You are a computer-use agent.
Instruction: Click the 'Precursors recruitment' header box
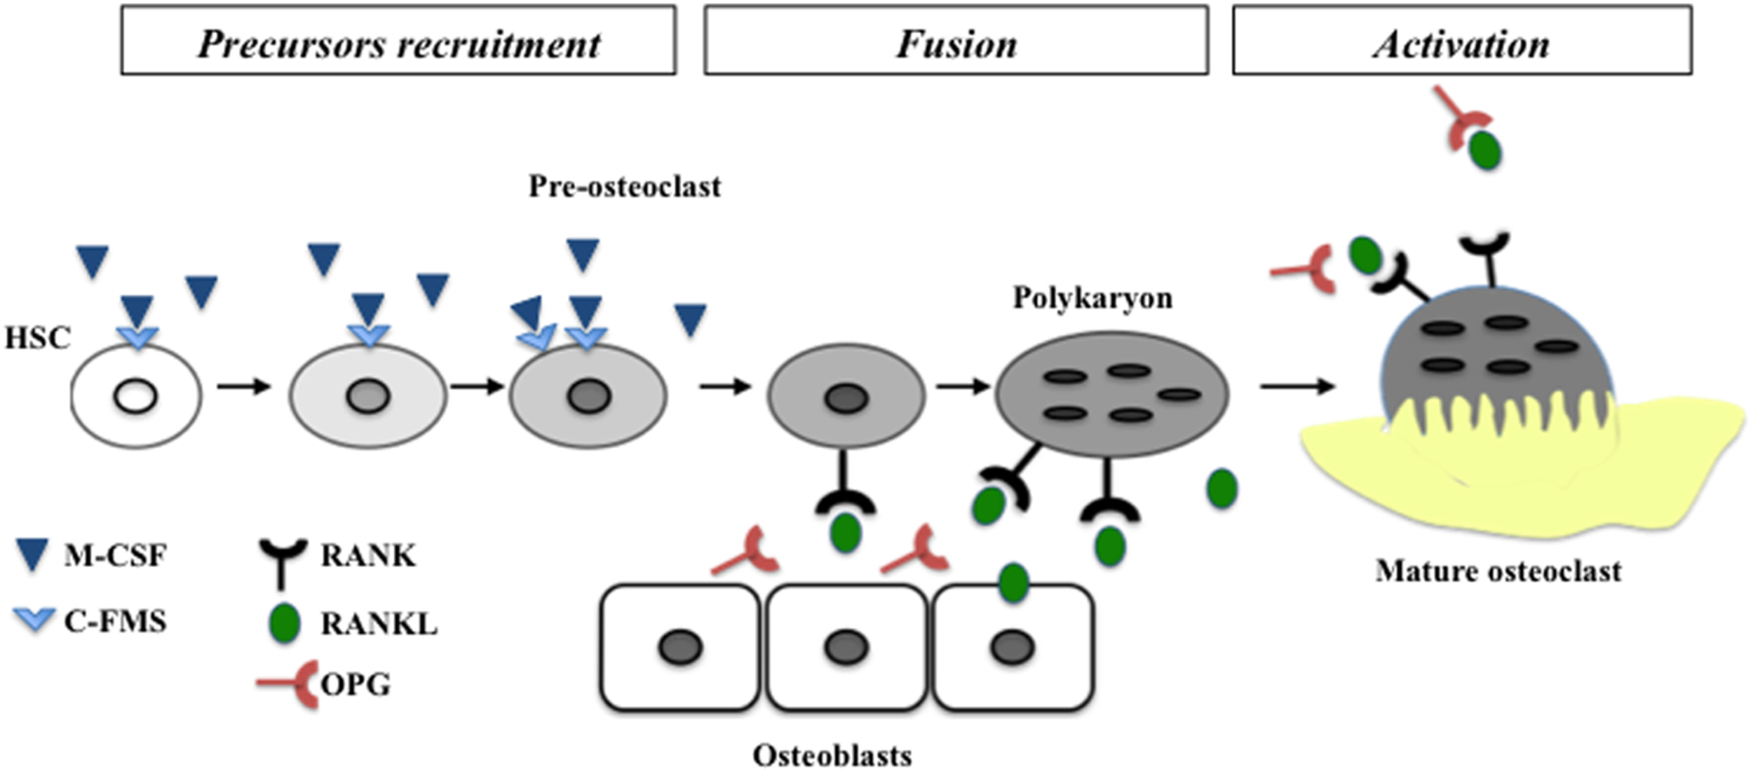398,41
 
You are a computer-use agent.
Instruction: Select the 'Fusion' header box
956,41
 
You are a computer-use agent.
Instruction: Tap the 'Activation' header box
1462,41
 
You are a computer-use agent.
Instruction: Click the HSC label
38,339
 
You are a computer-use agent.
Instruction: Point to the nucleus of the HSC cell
135,398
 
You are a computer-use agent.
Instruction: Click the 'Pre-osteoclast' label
624,186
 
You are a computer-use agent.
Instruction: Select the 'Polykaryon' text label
1092,298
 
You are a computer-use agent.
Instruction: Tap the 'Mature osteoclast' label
1498,571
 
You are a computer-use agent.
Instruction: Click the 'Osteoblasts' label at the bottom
832,756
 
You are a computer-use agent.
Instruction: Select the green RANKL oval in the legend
285,623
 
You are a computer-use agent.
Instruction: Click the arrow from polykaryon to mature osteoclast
1297,386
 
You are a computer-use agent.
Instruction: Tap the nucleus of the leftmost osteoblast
680,646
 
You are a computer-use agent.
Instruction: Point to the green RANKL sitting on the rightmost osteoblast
1013,583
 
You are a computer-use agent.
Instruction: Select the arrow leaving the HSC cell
243,386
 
